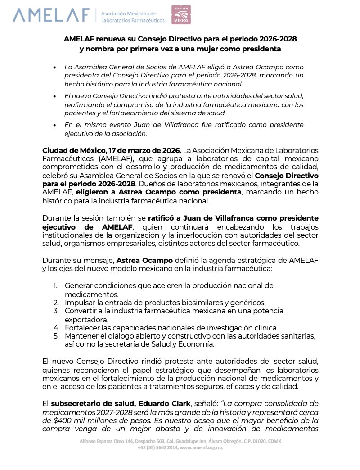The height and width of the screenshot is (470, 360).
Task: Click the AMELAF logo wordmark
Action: (51, 14)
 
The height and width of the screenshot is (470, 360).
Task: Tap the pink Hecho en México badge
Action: (181, 14)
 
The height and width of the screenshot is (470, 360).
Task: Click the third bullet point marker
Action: (54, 125)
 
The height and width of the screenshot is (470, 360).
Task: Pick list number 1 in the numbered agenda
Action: (55, 286)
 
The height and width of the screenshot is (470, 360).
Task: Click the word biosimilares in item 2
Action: (175, 303)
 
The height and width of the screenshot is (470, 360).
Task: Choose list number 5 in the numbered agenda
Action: (55, 336)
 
